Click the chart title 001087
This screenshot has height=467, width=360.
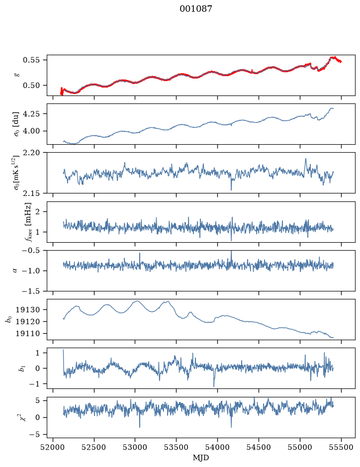coord(195,9)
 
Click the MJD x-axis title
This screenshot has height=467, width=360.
coord(201,458)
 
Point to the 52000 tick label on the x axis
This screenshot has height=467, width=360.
coord(53,447)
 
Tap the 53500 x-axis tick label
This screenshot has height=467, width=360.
coord(177,447)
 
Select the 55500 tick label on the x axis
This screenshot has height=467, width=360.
coord(341,447)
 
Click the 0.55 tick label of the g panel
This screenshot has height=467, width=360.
coord(31,60)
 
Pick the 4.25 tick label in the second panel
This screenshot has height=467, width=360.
coord(31,114)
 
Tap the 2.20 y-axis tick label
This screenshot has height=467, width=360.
coord(31,153)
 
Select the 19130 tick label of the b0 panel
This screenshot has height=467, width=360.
coord(27,310)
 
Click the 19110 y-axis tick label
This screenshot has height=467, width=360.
coord(27,334)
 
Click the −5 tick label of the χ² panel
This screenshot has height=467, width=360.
coord(34,435)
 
